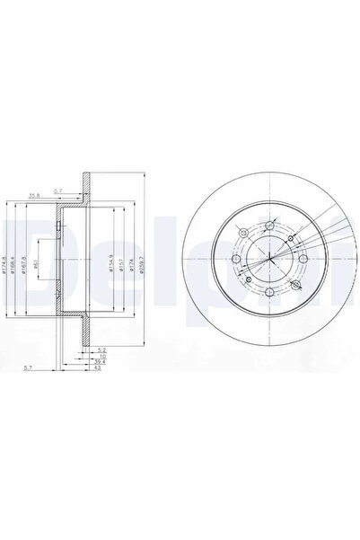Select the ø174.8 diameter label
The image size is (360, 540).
pos(7,267)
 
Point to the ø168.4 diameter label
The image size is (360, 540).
pos(17,267)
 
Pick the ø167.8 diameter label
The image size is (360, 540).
pos(27,267)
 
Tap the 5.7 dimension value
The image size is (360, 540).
pos(30,368)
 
